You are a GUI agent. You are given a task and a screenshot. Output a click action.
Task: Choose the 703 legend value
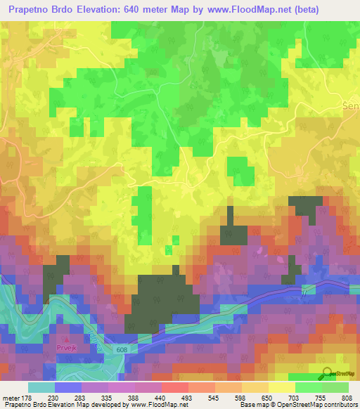[x=291, y=398]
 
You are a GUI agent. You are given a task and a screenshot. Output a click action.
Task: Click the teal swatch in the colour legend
[x=41, y=387]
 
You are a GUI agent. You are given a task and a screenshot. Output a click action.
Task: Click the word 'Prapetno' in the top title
[x=30, y=9]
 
